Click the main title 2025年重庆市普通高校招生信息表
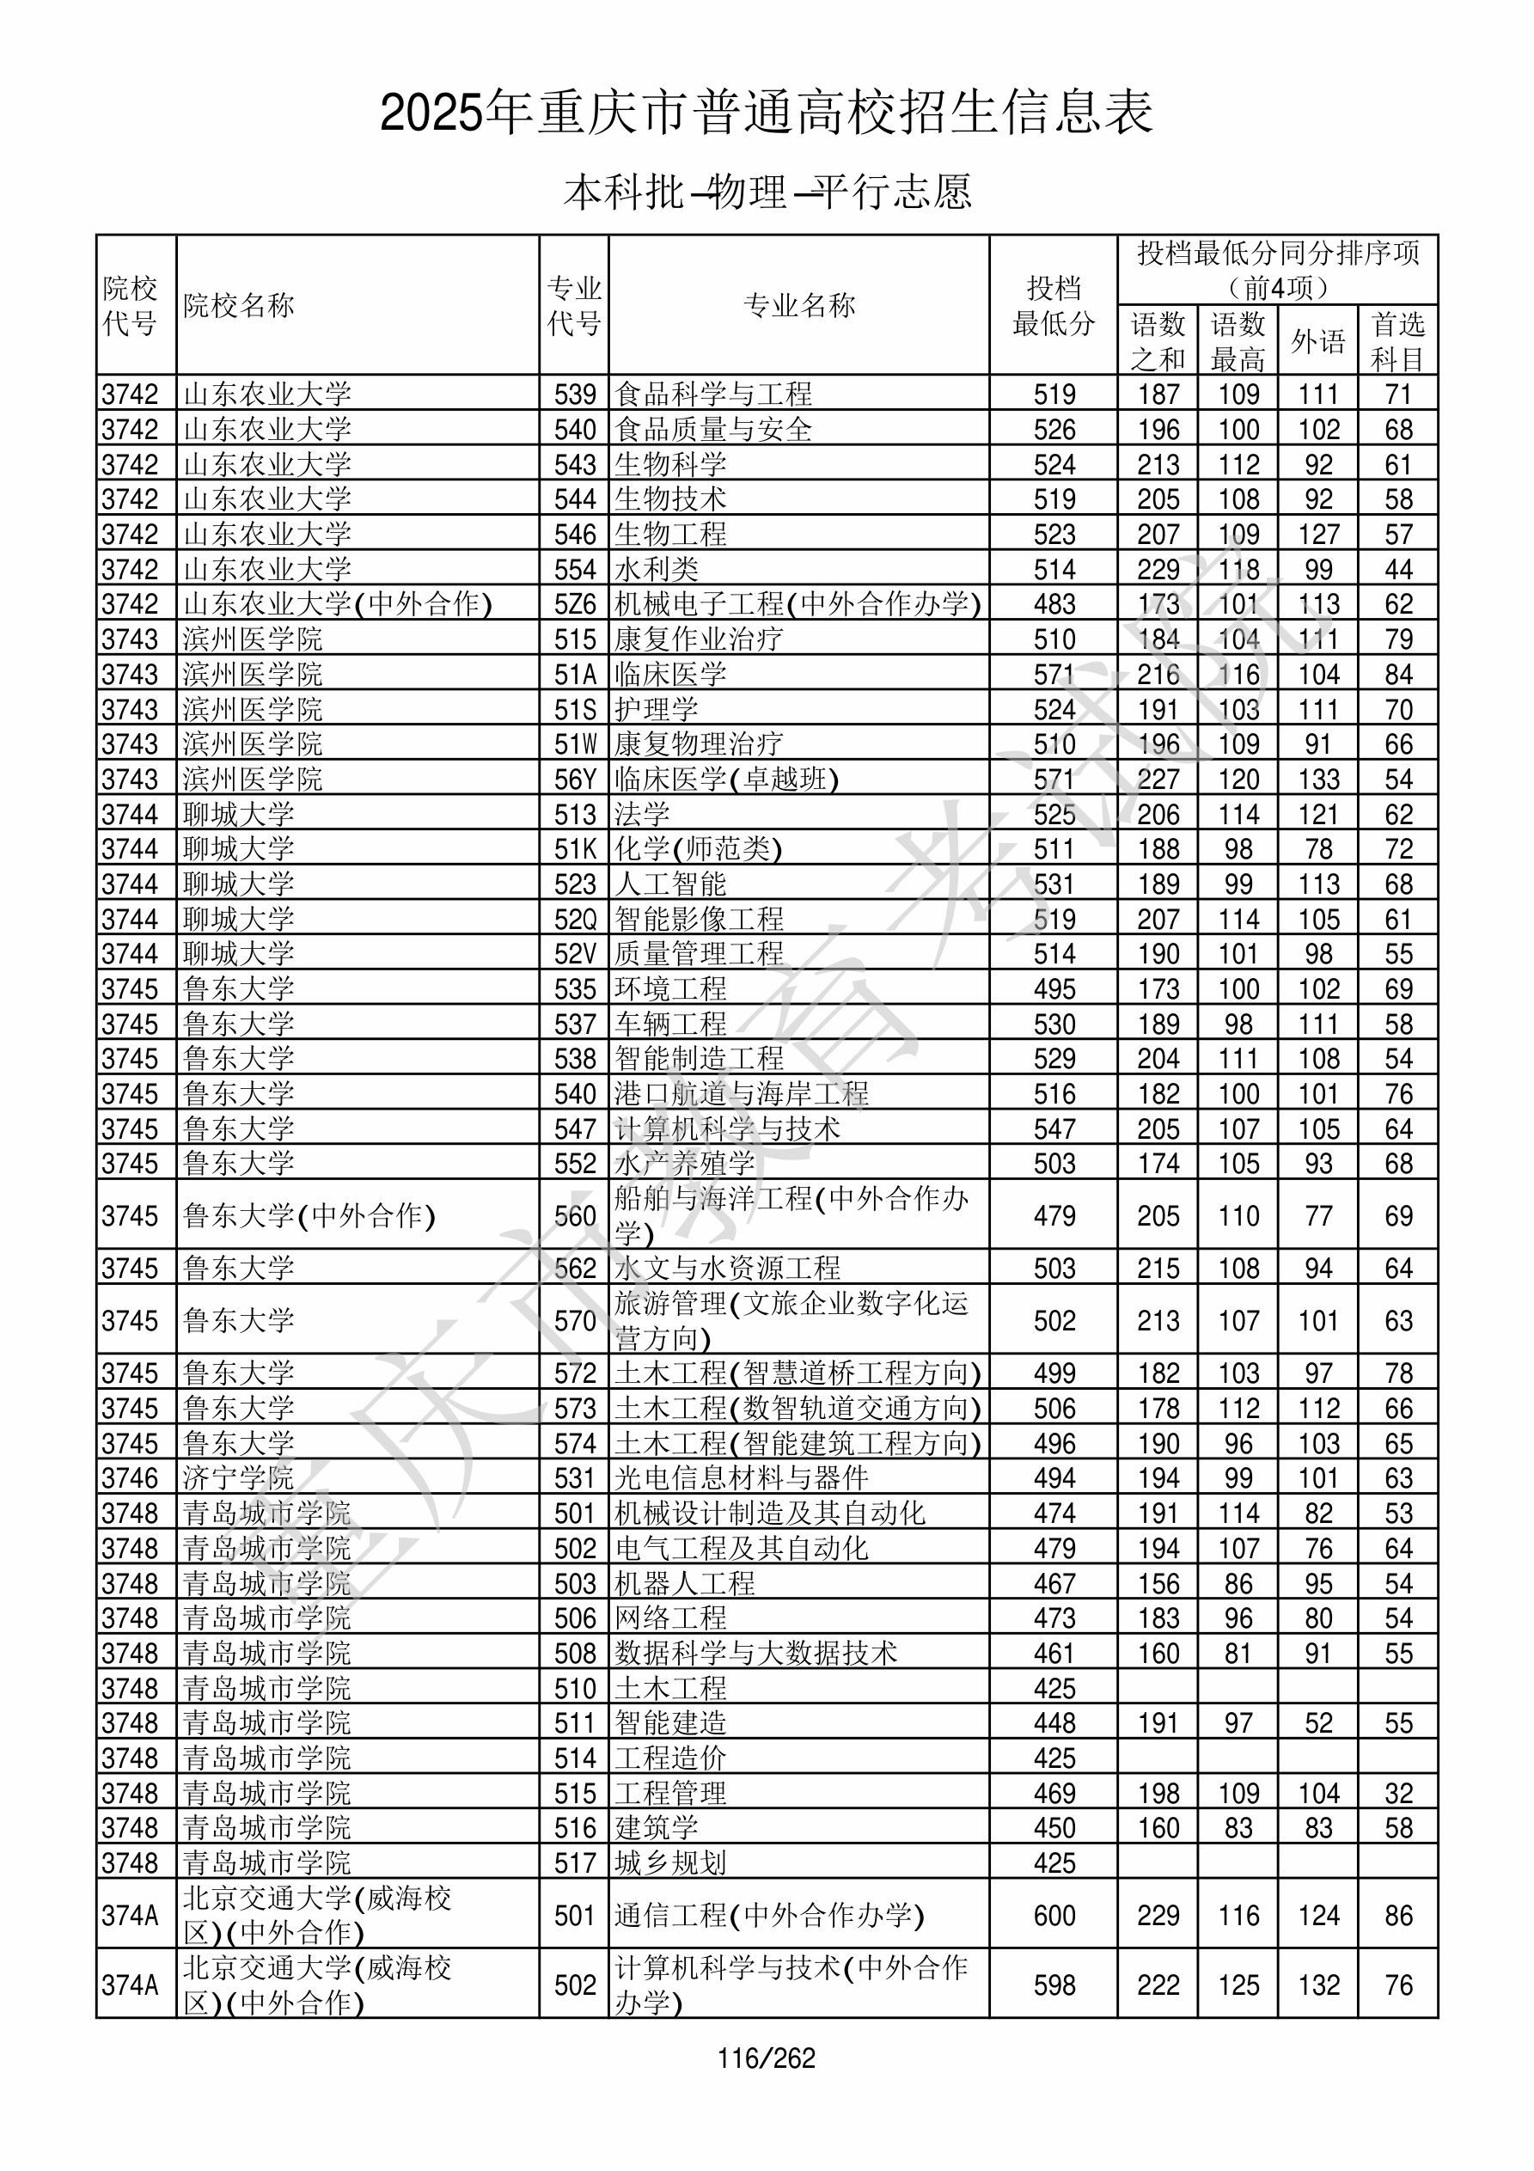click(766, 113)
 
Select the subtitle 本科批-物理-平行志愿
click(766, 192)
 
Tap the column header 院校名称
click(239, 305)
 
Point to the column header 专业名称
click(799, 305)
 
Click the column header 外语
click(1317, 341)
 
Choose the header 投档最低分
click(1054, 305)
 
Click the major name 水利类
click(657, 569)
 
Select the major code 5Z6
click(575, 604)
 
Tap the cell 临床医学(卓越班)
click(726, 780)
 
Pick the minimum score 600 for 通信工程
click(1054, 1916)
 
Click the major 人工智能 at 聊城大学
click(670, 884)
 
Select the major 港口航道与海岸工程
click(742, 1094)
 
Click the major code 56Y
click(575, 780)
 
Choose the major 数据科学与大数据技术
click(755, 1653)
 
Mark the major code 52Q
click(575, 919)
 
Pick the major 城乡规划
click(670, 1862)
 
